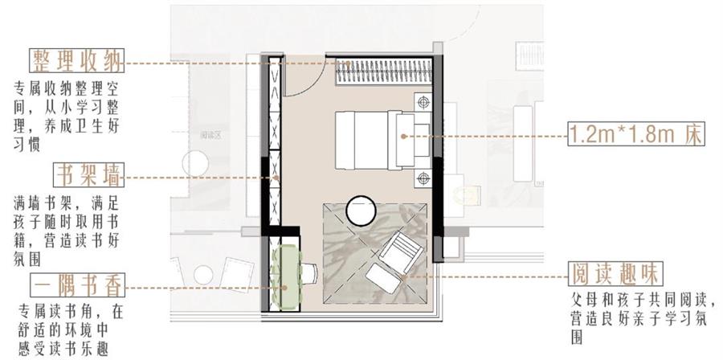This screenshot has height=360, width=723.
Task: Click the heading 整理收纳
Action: [77, 60]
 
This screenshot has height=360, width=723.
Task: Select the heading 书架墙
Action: [88, 174]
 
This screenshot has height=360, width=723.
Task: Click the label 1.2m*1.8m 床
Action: [636, 134]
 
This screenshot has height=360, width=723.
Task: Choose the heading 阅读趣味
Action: [615, 274]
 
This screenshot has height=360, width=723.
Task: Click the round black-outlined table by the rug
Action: [361, 211]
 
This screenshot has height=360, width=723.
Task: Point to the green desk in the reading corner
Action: [286, 278]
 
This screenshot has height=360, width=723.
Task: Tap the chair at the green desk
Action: [308, 273]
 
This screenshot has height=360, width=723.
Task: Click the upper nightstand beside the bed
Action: [423, 102]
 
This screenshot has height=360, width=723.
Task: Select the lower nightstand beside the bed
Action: [423, 178]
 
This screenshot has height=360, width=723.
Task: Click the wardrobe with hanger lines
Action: [384, 72]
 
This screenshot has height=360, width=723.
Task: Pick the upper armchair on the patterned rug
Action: [401, 252]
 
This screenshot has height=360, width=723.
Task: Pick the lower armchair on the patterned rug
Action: [384, 278]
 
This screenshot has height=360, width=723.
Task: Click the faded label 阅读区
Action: [211, 135]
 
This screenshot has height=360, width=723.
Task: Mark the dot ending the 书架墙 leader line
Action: [276, 178]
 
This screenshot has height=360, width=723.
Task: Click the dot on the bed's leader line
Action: [403, 137]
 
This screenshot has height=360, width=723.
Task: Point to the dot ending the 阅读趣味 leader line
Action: [403, 277]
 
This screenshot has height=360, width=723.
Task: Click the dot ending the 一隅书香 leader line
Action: [284, 288]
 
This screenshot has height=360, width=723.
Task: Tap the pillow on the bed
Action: [405, 140]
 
